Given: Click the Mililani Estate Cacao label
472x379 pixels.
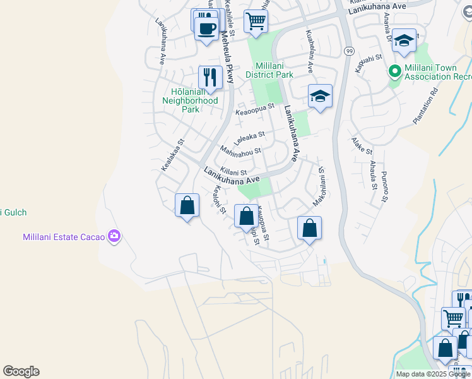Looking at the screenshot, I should point(61,237).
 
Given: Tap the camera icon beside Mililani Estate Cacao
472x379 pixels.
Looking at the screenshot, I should point(114,236).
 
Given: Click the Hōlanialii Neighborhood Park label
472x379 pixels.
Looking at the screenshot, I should point(190,100).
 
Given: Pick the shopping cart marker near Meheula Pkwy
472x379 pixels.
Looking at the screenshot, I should point(256,21).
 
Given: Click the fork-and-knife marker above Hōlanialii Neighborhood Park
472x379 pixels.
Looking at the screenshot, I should point(209,78).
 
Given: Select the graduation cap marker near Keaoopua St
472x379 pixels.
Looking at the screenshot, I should point(320,97).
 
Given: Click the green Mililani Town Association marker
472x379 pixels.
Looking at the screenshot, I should point(396,71).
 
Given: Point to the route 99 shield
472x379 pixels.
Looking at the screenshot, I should point(348,50).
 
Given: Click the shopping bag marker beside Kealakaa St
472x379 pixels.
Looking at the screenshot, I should point(187,206).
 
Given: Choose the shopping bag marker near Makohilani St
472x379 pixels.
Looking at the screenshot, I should point(309,229).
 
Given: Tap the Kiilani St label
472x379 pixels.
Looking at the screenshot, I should point(235,172).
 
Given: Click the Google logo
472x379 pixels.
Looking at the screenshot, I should point(21,371).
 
